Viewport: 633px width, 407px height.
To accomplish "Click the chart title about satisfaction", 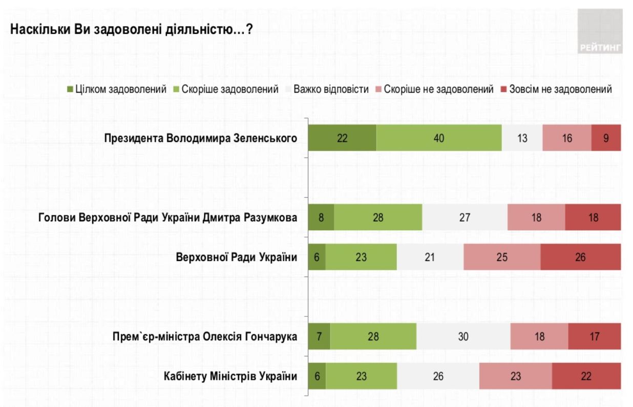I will coord(131,30).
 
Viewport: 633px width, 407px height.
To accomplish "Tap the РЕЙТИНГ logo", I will coord(600,31).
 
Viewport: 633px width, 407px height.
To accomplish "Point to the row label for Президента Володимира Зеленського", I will coord(201,138).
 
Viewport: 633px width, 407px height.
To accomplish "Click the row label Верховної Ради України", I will coord(237,256).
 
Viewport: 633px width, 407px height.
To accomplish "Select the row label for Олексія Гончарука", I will coord(205,337).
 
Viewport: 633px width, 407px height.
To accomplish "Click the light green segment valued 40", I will coord(439,138).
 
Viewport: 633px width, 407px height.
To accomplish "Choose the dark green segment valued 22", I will coord(342,138).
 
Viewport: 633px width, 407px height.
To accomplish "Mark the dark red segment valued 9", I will coord(606,138).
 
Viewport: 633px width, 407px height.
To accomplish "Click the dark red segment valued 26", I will coord(580,256).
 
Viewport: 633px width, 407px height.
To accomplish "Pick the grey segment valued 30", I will coord(463,337).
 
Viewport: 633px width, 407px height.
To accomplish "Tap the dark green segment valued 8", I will coord(321,217).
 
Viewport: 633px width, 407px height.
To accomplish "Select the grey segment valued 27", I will coord(465,217).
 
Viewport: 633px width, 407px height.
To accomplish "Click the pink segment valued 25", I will coord(502,256).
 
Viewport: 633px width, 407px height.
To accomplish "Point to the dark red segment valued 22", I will coord(586,376).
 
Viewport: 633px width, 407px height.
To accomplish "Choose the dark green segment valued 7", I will coord(319,337).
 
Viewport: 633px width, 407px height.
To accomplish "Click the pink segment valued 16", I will coord(566,138).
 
